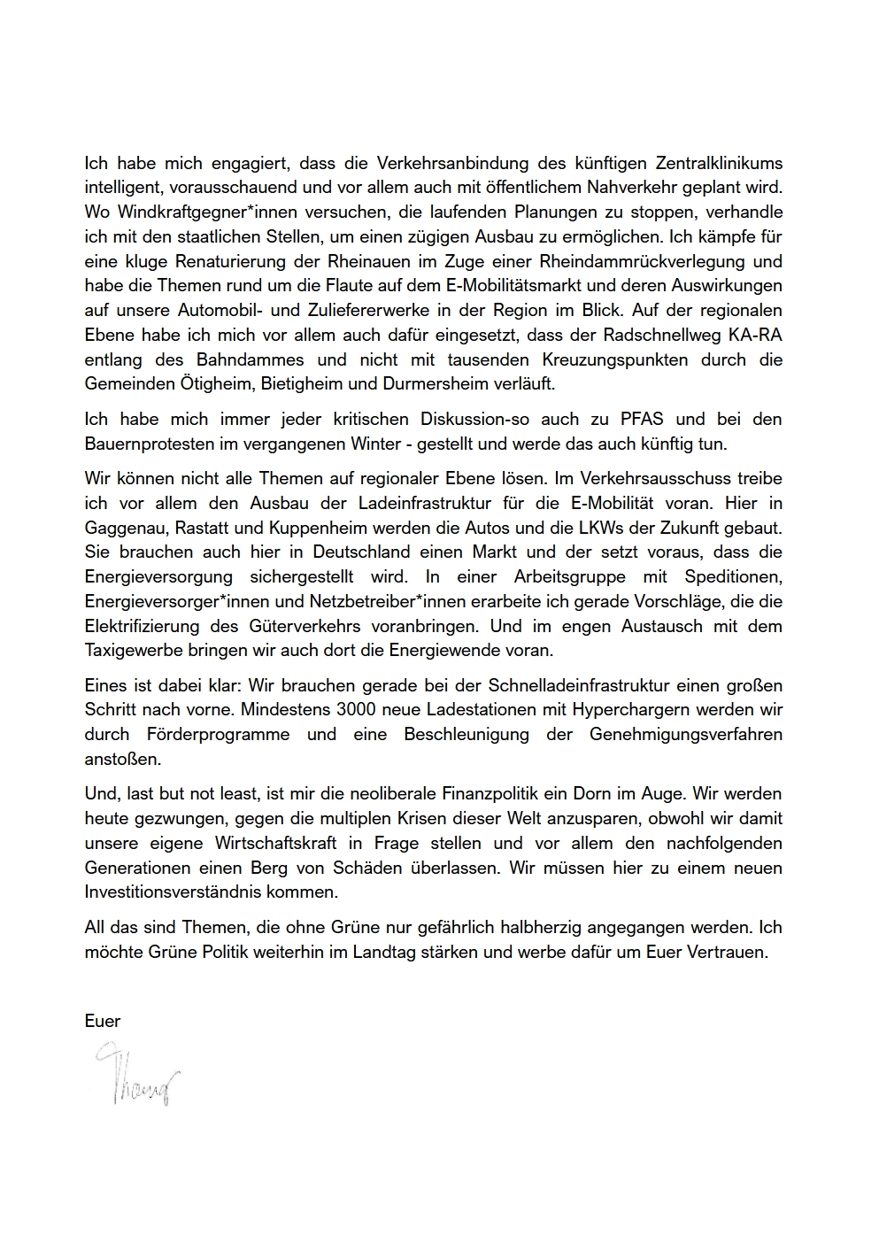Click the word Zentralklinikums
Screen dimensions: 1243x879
[x=718, y=163]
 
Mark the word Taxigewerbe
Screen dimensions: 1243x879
[x=133, y=651]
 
